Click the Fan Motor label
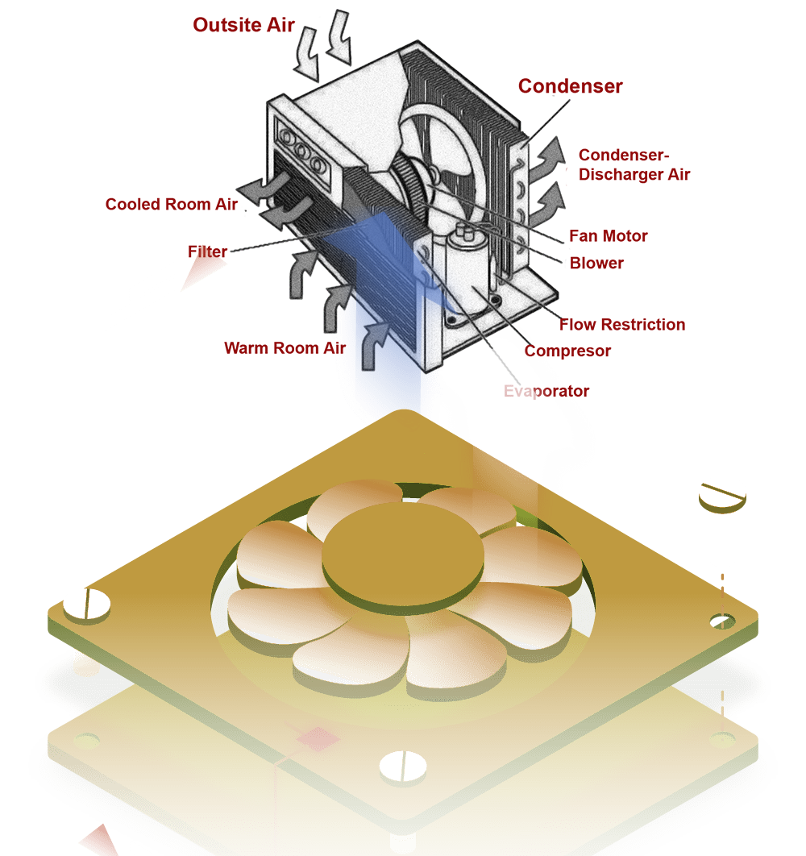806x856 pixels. tap(609, 236)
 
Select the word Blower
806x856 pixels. tap(596, 263)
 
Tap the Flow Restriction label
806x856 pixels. tap(622, 325)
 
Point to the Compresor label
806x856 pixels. tap(567, 351)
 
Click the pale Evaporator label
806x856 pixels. tap(546, 392)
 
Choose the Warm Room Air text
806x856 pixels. tap(285, 348)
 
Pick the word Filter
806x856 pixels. tap(208, 251)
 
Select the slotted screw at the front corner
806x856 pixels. tap(403, 767)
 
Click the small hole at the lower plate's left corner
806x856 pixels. tap(86, 738)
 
